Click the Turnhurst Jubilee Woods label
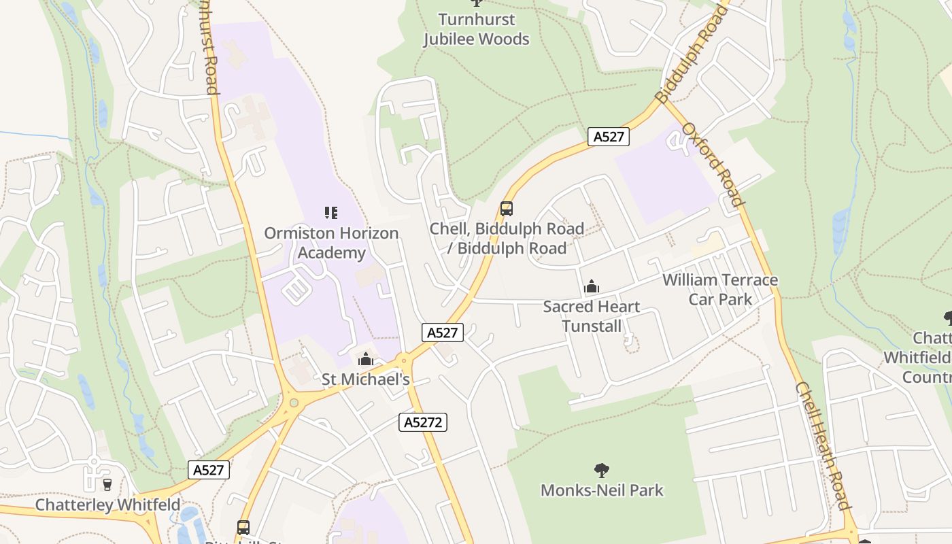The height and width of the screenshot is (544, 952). [x=476, y=29]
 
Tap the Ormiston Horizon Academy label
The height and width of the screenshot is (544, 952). [x=331, y=243]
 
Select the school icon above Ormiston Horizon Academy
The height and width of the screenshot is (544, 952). [x=331, y=213]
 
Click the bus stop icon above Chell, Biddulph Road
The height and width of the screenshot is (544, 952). [x=506, y=208]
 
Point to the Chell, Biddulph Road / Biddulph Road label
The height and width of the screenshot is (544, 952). [x=507, y=238]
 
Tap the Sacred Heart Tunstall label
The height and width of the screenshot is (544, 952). [x=592, y=316]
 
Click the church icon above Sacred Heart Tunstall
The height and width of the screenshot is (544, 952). [x=592, y=286]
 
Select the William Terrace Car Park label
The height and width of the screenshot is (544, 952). [x=720, y=290]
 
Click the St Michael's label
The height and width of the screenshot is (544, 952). [x=366, y=379]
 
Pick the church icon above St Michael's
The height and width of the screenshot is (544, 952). [x=366, y=358]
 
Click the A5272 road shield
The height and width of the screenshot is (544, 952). [x=422, y=422]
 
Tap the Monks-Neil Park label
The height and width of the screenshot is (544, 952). [x=602, y=490]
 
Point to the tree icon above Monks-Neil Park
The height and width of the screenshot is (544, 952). [x=602, y=469]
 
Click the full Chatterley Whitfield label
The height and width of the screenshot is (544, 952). [x=107, y=505]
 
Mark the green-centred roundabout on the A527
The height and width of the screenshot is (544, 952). [x=294, y=403]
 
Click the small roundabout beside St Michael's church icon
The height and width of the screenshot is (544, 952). [x=404, y=359]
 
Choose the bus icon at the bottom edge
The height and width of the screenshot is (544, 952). [x=243, y=527]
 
